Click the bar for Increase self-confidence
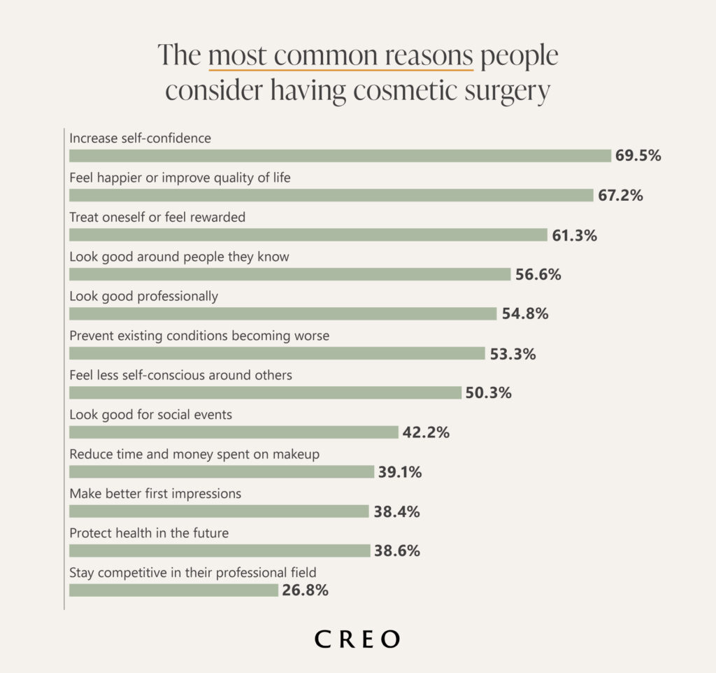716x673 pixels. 340,156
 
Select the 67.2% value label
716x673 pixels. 620,195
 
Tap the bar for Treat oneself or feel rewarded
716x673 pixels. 308,235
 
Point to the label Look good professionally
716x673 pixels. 143,297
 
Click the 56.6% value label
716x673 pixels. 538,274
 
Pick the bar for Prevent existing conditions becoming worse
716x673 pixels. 277,353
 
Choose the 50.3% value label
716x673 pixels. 489,393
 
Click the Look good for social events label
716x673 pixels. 150,415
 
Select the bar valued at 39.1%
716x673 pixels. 222,472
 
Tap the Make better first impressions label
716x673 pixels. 155,494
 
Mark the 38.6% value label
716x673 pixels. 397,551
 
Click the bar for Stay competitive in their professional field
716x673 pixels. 173,590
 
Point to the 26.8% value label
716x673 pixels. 306,590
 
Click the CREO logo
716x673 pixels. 357,639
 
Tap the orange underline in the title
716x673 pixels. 341,70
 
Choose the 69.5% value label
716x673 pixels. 638,156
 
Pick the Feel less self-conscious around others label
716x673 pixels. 180,376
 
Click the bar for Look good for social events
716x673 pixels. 234,432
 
